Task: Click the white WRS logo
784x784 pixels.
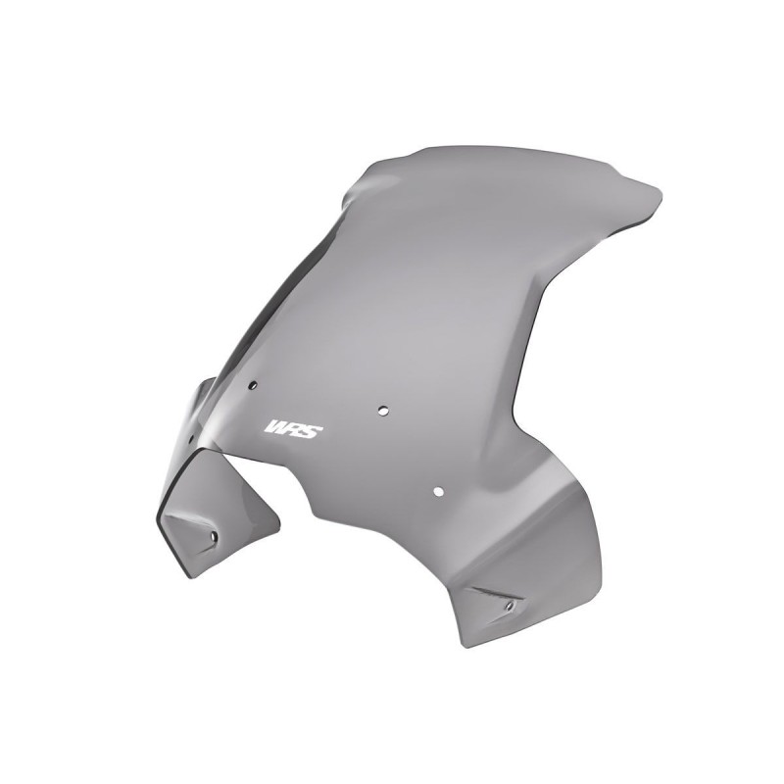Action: [291, 429]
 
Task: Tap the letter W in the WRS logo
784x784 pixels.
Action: [276, 429]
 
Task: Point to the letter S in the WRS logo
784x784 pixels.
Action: [309, 430]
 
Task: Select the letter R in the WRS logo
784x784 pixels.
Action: [293, 429]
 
